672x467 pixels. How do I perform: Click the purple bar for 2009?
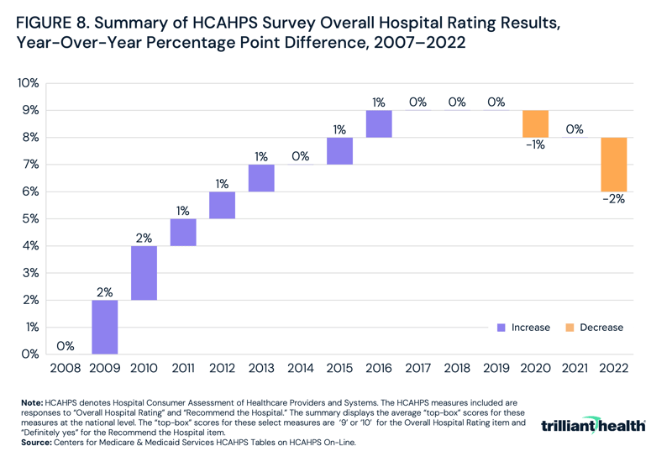pos(105,327)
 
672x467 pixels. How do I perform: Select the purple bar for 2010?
pos(144,272)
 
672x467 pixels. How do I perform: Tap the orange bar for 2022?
pos(613,164)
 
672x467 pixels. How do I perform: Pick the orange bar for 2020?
pos(535,123)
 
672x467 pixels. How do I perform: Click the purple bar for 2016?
pos(379,123)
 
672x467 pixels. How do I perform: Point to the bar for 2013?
pos(261,177)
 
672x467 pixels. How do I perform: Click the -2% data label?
pos(613,200)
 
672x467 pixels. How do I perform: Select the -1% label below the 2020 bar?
pos(535,145)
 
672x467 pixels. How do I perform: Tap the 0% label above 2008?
pos(66,345)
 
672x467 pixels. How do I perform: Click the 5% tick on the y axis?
pos(30,218)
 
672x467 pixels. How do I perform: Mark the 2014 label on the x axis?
pos(301,368)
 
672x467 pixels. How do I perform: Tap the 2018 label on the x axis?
pos(457,368)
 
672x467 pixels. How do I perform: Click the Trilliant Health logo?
pos(594,426)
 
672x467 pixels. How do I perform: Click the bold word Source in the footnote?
pos(39,441)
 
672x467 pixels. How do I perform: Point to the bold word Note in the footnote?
pos(34,404)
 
